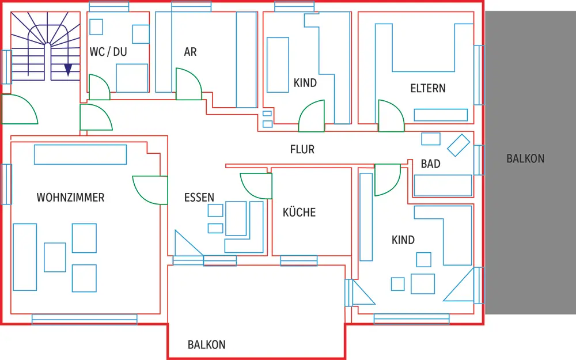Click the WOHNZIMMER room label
[x=70, y=197]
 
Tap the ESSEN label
[x=199, y=197]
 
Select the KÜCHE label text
[x=299, y=212]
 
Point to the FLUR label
[x=302, y=149]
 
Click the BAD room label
[x=430, y=164]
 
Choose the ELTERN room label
[x=428, y=88]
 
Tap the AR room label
[x=190, y=52]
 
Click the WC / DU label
[x=108, y=52]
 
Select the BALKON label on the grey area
[x=525, y=158]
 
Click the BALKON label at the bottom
[x=206, y=344]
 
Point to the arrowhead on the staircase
[x=68, y=70]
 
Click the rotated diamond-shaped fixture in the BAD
[x=458, y=145]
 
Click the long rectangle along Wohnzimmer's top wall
[x=81, y=154]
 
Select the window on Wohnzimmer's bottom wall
[x=85, y=319]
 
